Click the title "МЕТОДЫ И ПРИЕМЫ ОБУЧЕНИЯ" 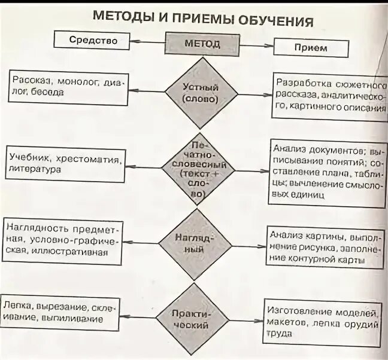coord(203,19)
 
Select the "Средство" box coord(92,41)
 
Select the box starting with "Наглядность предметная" coord(64,240)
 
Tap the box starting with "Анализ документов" coord(327,171)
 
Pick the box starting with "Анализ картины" coord(324,248)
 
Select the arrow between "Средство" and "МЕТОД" coord(148,41)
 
